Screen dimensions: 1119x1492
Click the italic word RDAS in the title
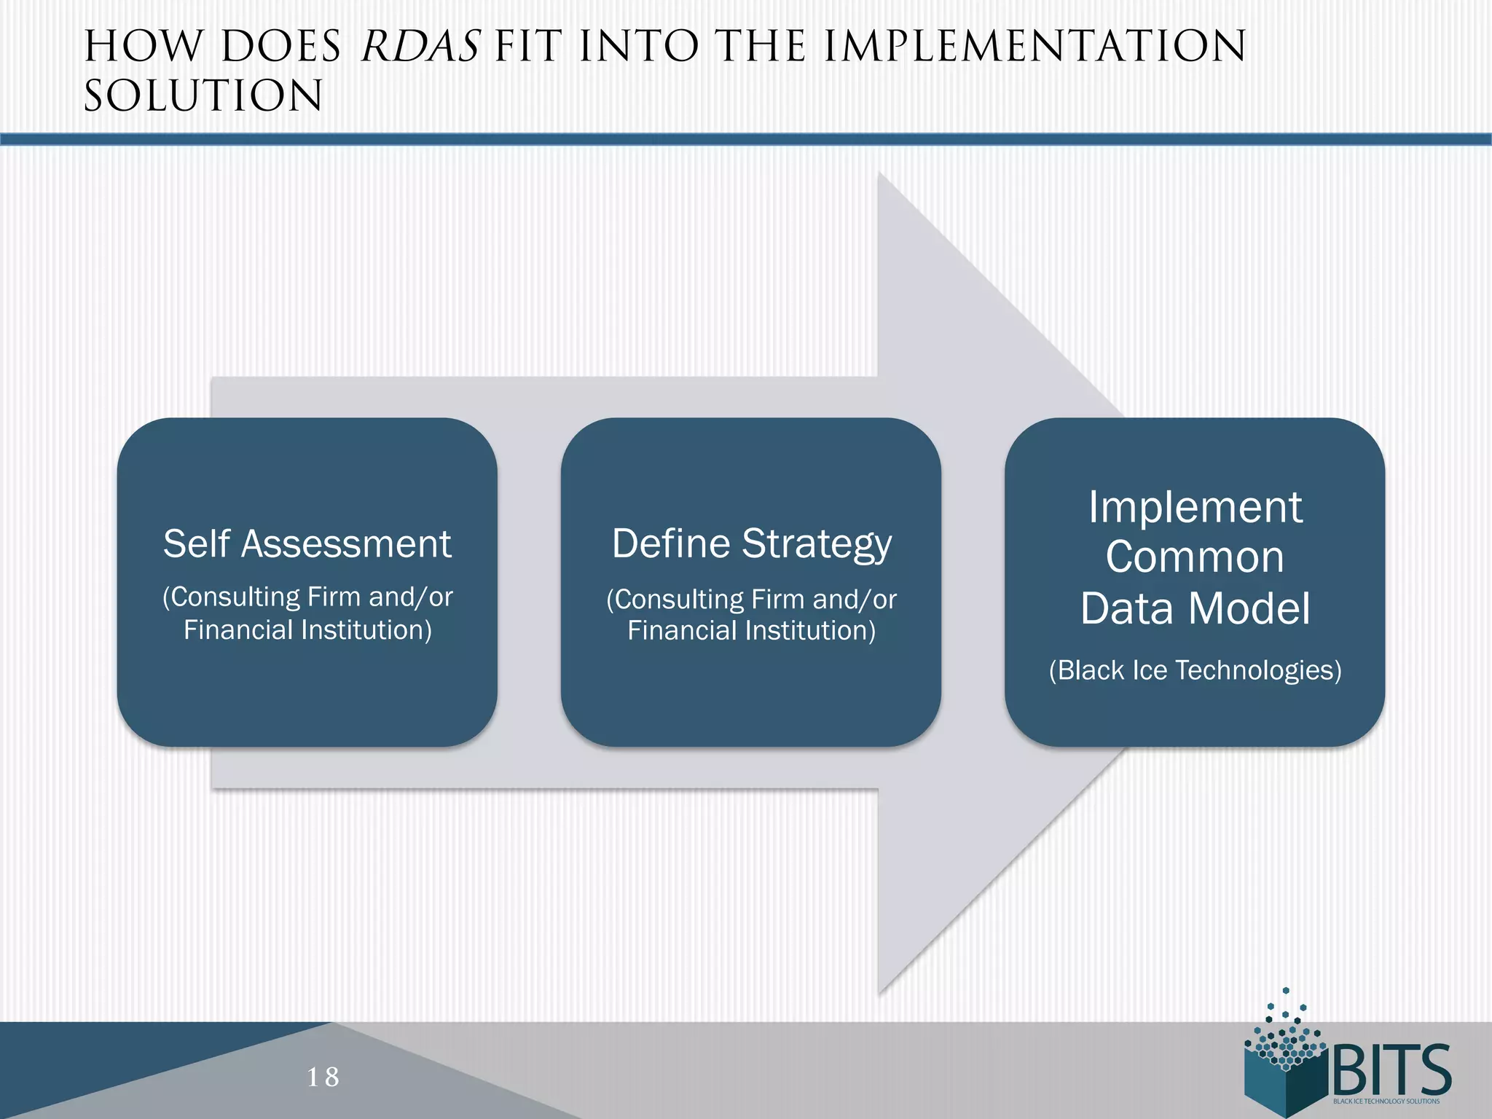click(420, 46)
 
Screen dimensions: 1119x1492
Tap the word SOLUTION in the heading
click(203, 95)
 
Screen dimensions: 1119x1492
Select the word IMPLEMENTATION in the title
click(1034, 46)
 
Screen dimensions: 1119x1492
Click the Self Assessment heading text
click(307, 543)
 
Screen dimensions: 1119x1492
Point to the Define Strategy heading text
click(751, 543)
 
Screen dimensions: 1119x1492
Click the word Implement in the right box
click(1195, 507)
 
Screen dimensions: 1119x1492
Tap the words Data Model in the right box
click(1195, 608)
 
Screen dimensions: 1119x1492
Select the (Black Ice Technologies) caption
click(1195, 670)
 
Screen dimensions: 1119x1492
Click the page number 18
click(323, 1076)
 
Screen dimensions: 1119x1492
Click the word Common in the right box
click(1195, 557)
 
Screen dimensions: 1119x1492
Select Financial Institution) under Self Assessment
click(307, 629)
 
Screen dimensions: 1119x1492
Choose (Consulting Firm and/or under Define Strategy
click(751, 599)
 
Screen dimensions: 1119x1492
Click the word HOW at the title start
click(143, 46)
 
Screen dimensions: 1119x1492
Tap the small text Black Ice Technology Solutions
click(1386, 1102)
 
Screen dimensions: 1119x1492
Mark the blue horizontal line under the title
click(746, 139)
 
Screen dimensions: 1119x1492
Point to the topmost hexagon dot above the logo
click(1286, 991)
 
